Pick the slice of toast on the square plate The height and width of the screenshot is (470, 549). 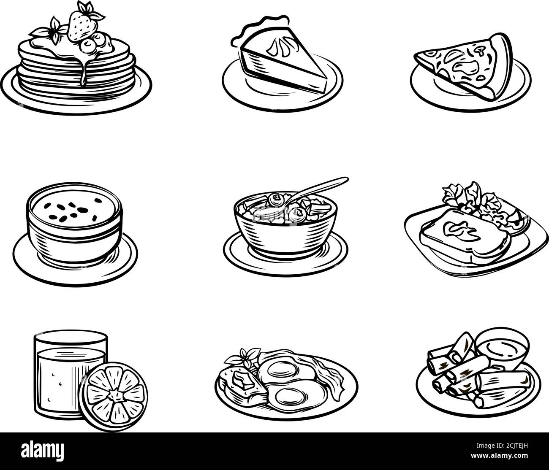pyautogui.click(x=460, y=236)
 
